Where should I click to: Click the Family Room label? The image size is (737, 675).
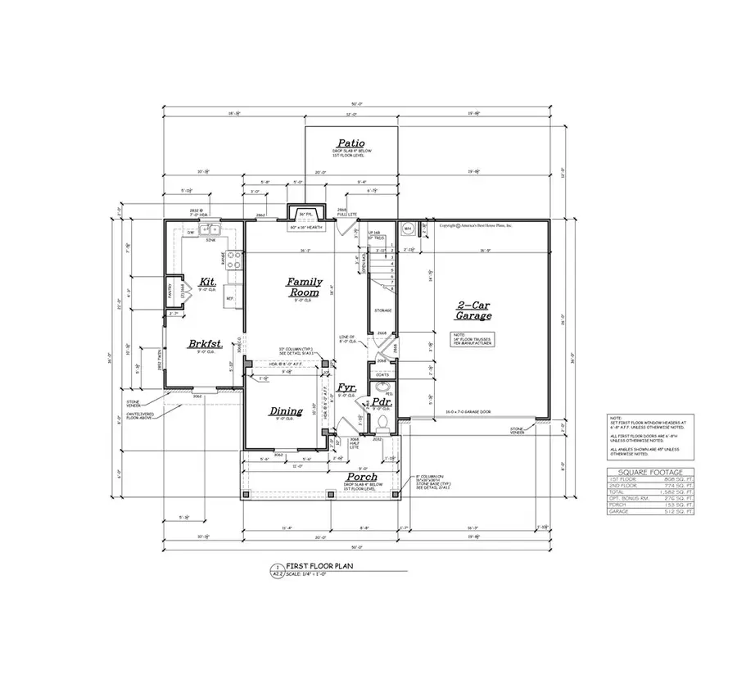[304, 287]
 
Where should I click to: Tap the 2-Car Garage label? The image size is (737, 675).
[474, 310]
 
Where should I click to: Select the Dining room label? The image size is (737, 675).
[286, 411]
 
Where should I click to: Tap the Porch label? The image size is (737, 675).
[361, 477]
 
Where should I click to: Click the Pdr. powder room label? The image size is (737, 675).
[380, 402]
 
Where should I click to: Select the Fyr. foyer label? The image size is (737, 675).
[346, 388]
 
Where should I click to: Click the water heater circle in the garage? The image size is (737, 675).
[406, 229]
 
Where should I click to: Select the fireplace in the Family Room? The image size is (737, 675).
[306, 215]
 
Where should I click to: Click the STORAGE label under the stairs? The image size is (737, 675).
[382, 310]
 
